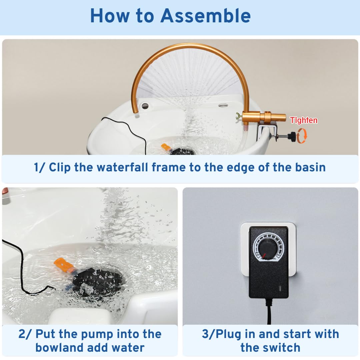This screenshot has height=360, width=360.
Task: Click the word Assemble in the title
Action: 205,15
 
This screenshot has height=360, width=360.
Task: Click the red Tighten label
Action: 304,120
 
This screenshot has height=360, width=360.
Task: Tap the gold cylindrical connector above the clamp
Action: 264,117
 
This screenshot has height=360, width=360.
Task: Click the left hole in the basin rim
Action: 145,106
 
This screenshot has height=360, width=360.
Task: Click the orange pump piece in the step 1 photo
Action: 166,147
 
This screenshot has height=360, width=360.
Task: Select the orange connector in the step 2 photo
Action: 63,265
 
